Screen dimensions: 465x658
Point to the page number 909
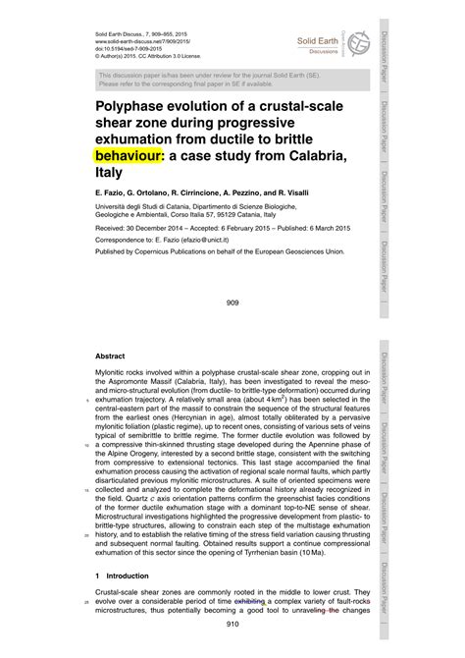coord(232,303)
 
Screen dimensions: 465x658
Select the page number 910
coord(232,650)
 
